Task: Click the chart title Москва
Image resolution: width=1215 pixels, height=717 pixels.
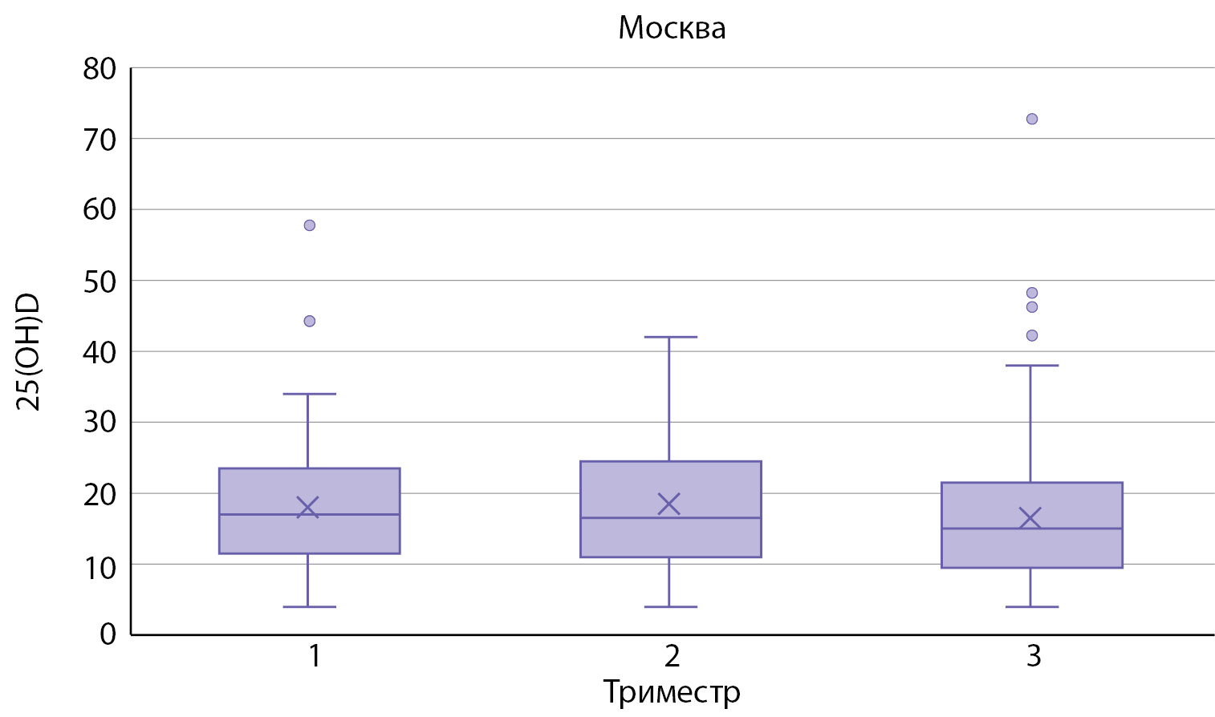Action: click(x=672, y=28)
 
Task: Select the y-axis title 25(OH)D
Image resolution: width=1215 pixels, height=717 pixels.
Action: click(x=29, y=351)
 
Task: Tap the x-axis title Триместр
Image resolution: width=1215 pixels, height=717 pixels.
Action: click(x=672, y=691)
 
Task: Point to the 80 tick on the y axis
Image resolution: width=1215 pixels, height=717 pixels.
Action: click(x=100, y=69)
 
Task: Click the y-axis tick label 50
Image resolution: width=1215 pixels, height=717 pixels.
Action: click(x=100, y=282)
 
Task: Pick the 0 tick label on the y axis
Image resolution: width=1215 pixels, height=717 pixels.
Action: click(x=108, y=634)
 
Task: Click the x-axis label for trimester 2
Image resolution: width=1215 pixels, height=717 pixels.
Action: click(x=672, y=656)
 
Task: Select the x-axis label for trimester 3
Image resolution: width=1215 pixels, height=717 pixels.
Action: click(x=1033, y=656)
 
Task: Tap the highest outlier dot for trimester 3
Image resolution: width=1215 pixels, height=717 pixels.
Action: click(x=1032, y=119)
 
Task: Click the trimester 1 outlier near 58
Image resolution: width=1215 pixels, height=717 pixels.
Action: click(x=310, y=225)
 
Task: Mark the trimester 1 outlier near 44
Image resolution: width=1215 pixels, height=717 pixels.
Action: click(x=310, y=322)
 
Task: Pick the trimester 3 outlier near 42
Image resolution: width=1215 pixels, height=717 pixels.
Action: click(x=1032, y=335)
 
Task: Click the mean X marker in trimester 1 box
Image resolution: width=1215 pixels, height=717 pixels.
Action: click(x=308, y=508)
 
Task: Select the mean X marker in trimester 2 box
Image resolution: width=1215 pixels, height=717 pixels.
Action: click(x=669, y=504)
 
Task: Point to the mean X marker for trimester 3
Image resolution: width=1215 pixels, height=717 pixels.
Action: click(x=1030, y=518)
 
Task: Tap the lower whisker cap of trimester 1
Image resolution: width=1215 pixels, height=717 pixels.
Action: click(x=309, y=607)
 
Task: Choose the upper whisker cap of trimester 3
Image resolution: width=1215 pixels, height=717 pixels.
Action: click(x=1031, y=366)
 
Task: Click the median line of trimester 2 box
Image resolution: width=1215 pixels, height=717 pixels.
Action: click(x=670, y=518)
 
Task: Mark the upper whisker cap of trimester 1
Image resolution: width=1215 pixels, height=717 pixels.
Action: click(x=309, y=395)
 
